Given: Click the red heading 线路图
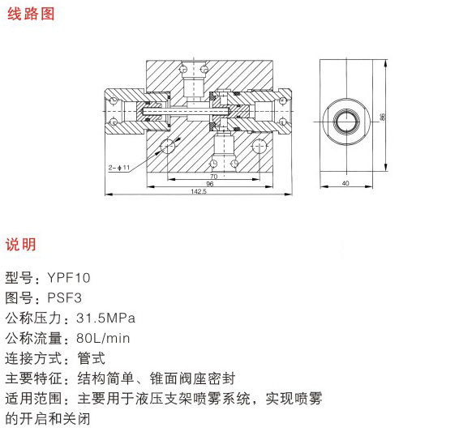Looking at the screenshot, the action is point(31,14).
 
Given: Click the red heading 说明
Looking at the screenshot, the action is point(20,244).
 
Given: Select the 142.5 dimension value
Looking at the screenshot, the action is point(199,191).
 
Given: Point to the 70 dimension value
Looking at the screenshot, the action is point(214,177).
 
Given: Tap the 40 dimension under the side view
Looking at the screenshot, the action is point(345,183).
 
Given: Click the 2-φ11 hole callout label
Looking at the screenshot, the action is point(119,168).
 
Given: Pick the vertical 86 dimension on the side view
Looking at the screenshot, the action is point(382,117).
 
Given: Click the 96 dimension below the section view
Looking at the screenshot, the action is point(209,184).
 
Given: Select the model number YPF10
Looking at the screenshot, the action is point(69,278).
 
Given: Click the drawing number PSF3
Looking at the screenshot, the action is point(64,298).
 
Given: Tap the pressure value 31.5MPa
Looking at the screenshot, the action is point(105,318).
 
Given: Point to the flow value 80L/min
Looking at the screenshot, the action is point(103,338).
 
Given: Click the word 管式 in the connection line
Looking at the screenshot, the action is point(91,358).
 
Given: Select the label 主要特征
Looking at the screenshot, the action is point(34,378).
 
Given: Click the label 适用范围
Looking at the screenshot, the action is point(34,399).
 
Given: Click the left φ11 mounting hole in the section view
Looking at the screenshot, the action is point(167,146).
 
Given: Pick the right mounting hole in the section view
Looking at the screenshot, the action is point(259,146).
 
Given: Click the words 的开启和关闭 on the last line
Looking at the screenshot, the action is point(48,419).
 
